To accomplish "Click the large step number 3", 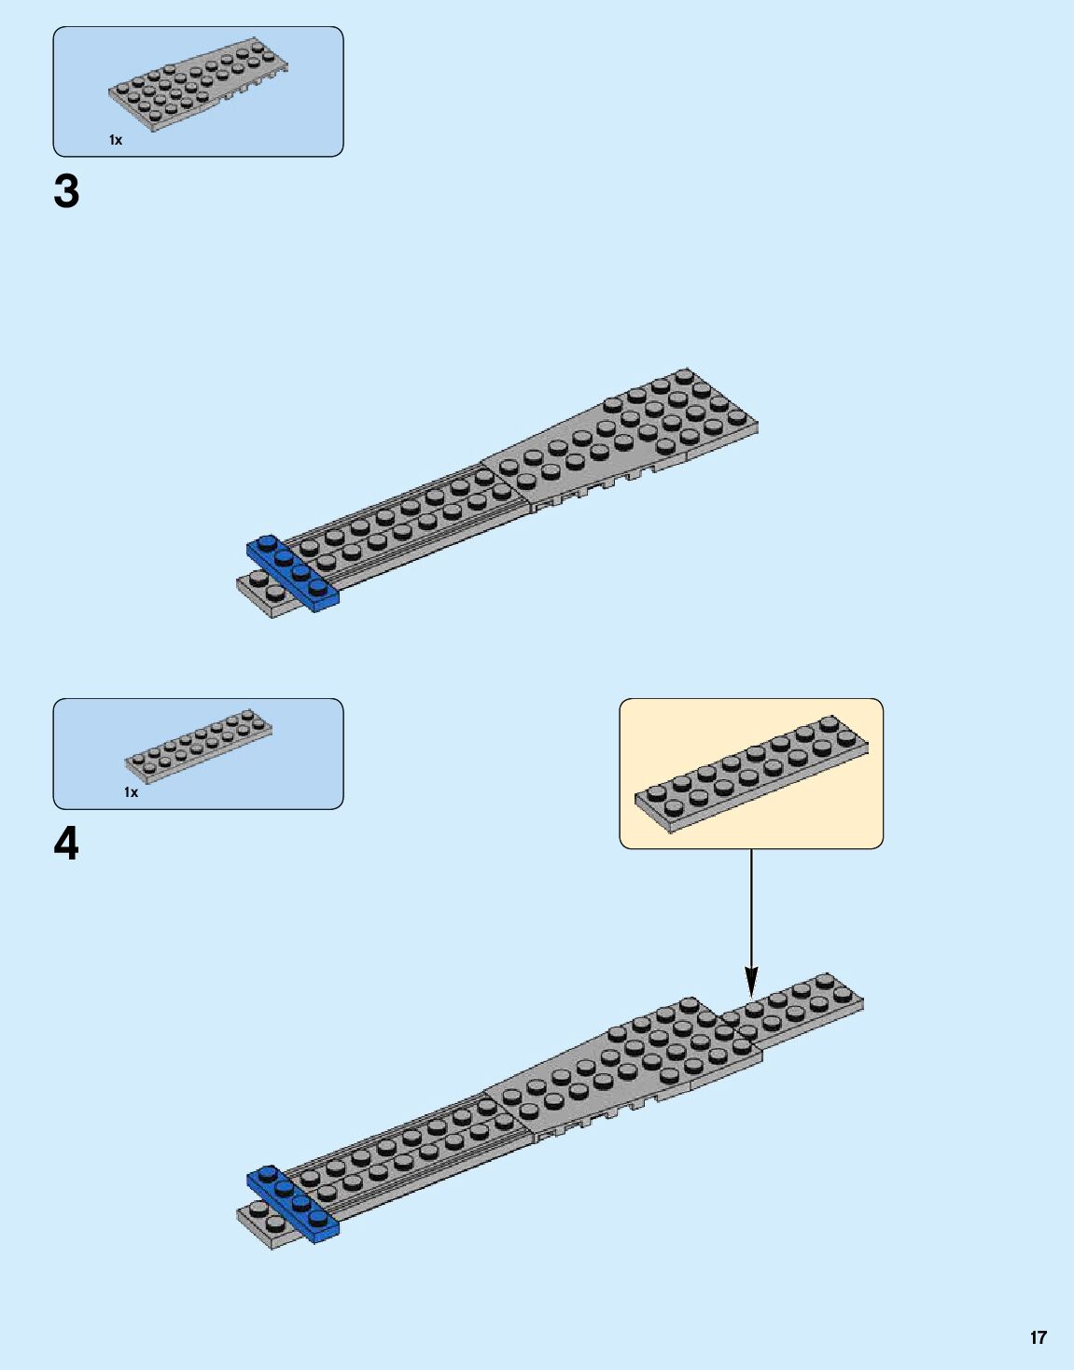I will tap(66, 192).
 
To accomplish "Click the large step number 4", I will tap(66, 845).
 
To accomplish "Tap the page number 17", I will tap(1038, 1337).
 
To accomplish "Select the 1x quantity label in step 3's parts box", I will tap(116, 140).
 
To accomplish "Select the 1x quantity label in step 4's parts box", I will tap(131, 792).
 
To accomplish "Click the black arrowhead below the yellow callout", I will tap(751, 982).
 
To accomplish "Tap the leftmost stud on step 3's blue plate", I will tap(267, 541).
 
